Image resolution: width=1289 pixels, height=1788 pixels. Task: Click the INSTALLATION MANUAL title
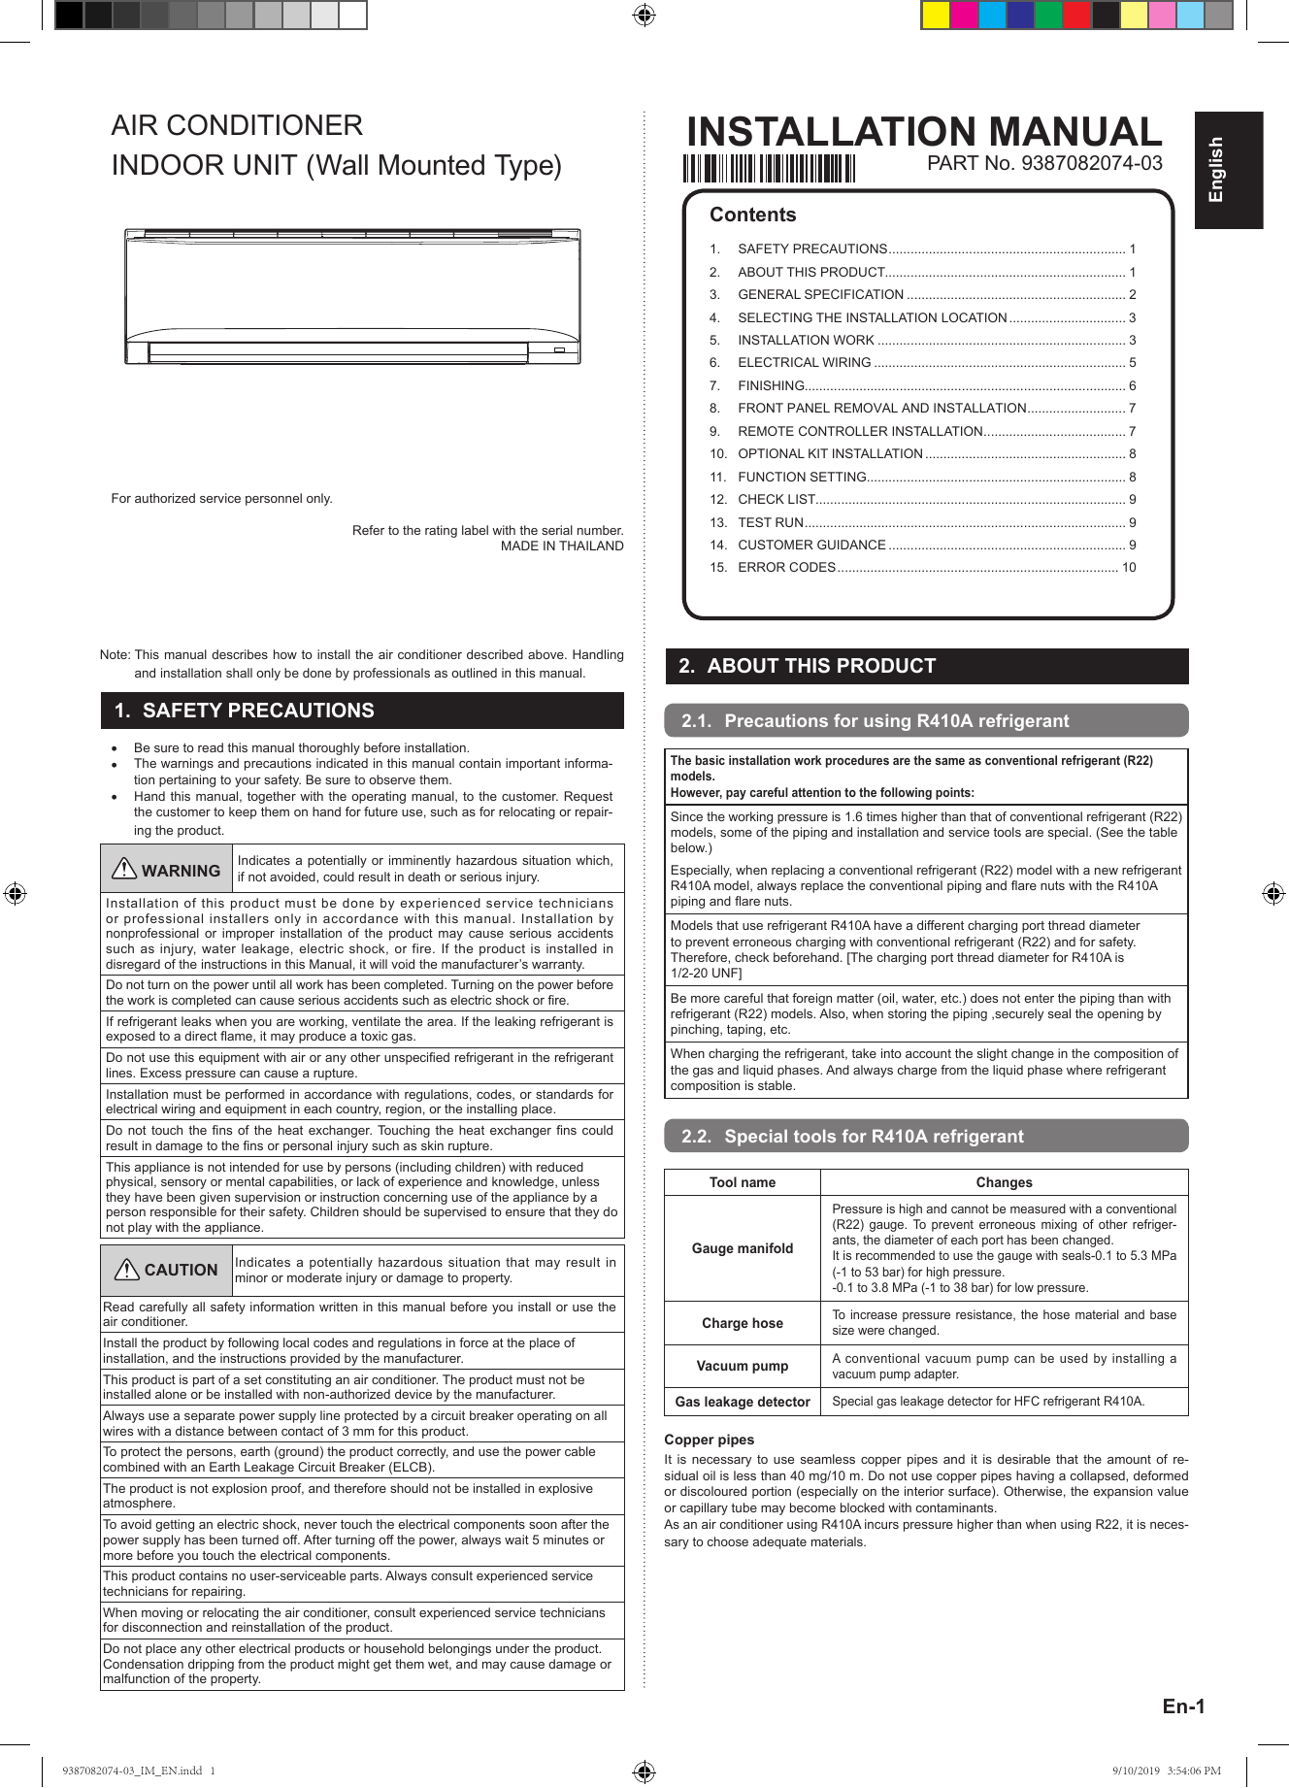923,132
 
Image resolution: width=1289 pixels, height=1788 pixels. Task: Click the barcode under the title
768,169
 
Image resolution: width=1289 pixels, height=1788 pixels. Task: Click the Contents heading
752,215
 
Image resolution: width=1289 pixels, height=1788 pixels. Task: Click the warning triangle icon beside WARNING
124,869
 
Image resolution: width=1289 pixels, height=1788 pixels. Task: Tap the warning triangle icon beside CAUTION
127,1269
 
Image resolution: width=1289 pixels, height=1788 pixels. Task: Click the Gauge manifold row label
743,1248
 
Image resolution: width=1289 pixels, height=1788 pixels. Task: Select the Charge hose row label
743,1323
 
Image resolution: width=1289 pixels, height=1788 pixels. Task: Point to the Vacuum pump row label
743,1366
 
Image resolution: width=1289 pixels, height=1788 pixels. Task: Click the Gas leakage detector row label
743,1402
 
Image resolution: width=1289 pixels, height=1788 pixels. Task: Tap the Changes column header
1004,1182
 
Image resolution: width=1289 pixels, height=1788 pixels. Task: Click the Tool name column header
743,1182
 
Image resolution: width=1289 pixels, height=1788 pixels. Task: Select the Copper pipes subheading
710,1440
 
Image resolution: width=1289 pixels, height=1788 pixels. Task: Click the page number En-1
1183,1706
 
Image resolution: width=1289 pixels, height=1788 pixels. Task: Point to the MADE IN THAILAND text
562,546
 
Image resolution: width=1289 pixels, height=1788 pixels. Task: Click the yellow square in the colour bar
936,16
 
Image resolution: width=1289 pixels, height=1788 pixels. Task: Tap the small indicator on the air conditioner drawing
560,350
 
